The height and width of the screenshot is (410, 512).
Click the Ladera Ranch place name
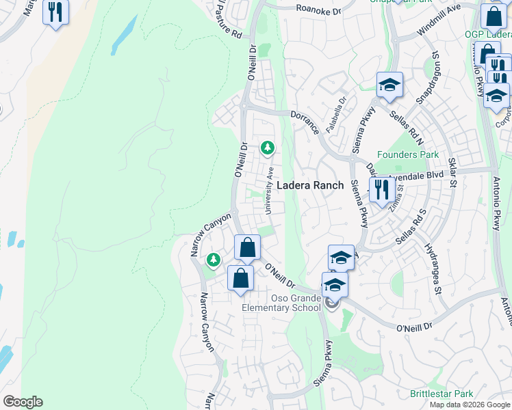pos(310,185)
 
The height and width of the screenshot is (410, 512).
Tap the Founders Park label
pos(408,154)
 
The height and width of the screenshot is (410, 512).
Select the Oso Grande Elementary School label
pos(281,303)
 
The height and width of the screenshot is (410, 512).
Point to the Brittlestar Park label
pos(441,394)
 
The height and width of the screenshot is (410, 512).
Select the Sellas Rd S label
pos(414,230)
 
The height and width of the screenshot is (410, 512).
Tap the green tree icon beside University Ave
pos(267,148)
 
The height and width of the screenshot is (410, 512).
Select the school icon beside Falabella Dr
pos(389,85)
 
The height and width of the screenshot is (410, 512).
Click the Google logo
pos(23,402)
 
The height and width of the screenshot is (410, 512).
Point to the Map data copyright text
pos(470,405)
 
